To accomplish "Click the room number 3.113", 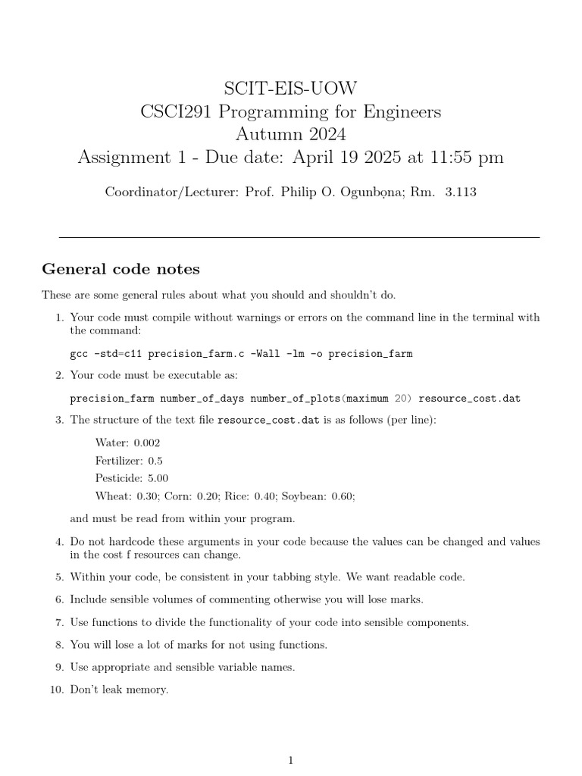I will (461, 192).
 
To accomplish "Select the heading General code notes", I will (120, 269).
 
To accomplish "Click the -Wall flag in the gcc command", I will (268, 354).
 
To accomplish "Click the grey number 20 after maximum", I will (402, 399).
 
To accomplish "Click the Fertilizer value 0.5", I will (155, 461).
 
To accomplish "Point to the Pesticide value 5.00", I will (158, 478).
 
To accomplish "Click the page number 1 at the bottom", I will (290, 761).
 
